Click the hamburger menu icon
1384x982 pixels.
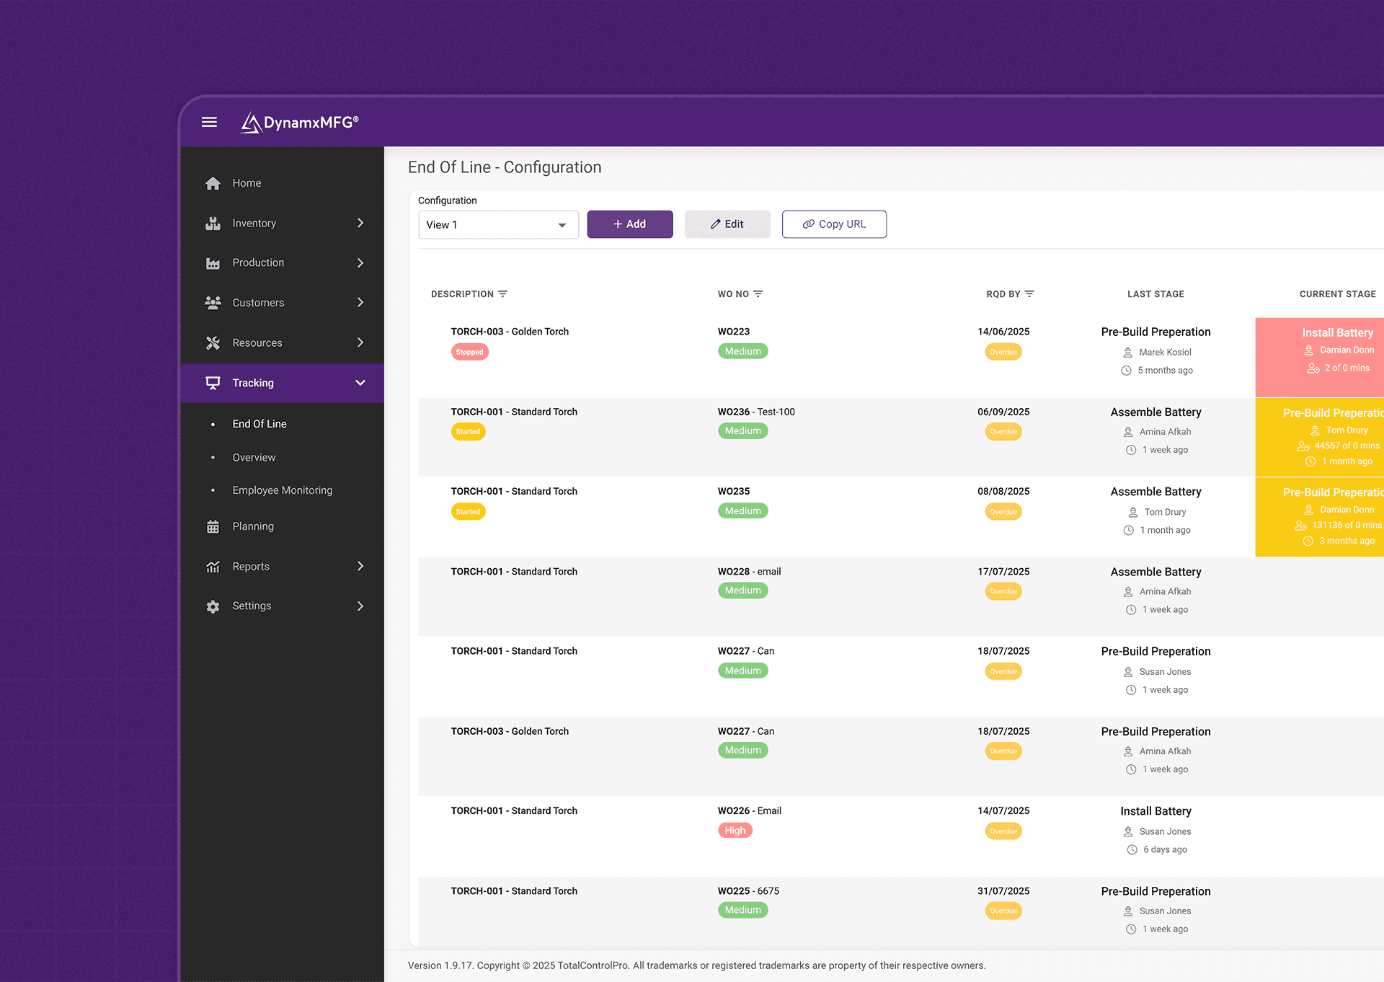(209, 122)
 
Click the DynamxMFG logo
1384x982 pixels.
(300, 123)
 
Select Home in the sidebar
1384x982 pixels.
(247, 183)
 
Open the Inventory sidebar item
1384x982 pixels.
(254, 224)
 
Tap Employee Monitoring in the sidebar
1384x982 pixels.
(282, 490)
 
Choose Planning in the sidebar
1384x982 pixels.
(252, 526)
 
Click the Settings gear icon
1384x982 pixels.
(213, 606)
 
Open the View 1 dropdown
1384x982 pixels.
(498, 225)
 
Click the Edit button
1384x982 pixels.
(727, 224)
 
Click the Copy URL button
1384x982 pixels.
(834, 224)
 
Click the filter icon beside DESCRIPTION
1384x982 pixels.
(503, 294)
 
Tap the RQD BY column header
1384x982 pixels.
(1003, 294)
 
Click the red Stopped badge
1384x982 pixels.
(469, 353)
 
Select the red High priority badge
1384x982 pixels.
(735, 831)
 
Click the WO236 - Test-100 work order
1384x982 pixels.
(755, 412)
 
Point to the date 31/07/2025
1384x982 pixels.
(1003, 891)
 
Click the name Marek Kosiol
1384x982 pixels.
(1165, 353)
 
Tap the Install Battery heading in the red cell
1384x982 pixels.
(1337, 332)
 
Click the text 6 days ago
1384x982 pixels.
(1165, 849)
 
